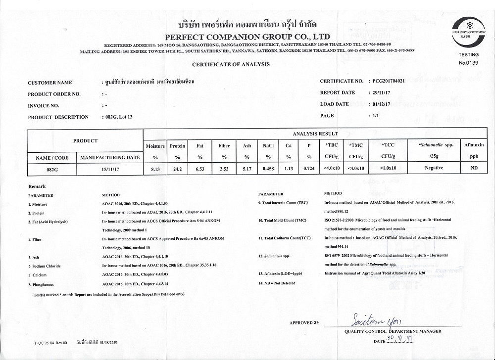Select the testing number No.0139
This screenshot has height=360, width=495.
(468, 63)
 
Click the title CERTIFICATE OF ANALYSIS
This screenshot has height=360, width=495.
(231, 64)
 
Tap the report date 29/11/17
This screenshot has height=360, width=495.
(380, 92)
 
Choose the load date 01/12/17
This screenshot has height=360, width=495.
(380, 104)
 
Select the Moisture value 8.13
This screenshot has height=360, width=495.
(155, 168)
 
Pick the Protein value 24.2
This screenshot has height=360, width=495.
(177, 168)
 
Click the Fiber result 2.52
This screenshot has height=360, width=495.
(224, 168)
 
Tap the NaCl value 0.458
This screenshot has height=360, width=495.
(268, 168)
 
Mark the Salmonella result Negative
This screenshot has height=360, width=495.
(434, 168)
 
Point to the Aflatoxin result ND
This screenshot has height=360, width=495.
(474, 168)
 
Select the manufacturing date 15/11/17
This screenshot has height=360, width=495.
(110, 168)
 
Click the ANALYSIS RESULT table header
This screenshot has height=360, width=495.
(315, 134)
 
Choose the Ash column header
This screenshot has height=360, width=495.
(247, 146)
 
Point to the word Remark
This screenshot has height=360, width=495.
(37, 186)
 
